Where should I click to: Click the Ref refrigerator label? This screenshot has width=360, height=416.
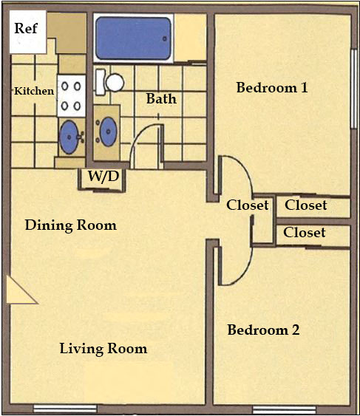click(25, 30)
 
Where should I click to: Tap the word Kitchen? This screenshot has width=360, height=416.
click(34, 92)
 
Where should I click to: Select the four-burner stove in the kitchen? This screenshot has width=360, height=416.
click(71, 95)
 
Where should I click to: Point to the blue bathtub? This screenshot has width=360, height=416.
click(134, 38)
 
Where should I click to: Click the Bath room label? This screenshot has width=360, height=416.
click(160, 98)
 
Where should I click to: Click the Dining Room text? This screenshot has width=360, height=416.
click(71, 225)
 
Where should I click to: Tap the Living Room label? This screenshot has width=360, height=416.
click(103, 349)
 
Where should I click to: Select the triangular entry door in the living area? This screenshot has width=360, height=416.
click(18, 291)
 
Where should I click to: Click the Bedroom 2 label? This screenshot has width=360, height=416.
click(263, 330)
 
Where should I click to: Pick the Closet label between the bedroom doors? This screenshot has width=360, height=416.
click(247, 205)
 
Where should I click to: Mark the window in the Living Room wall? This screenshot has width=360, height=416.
click(65, 409)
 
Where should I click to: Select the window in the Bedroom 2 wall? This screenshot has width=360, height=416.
click(279, 409)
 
